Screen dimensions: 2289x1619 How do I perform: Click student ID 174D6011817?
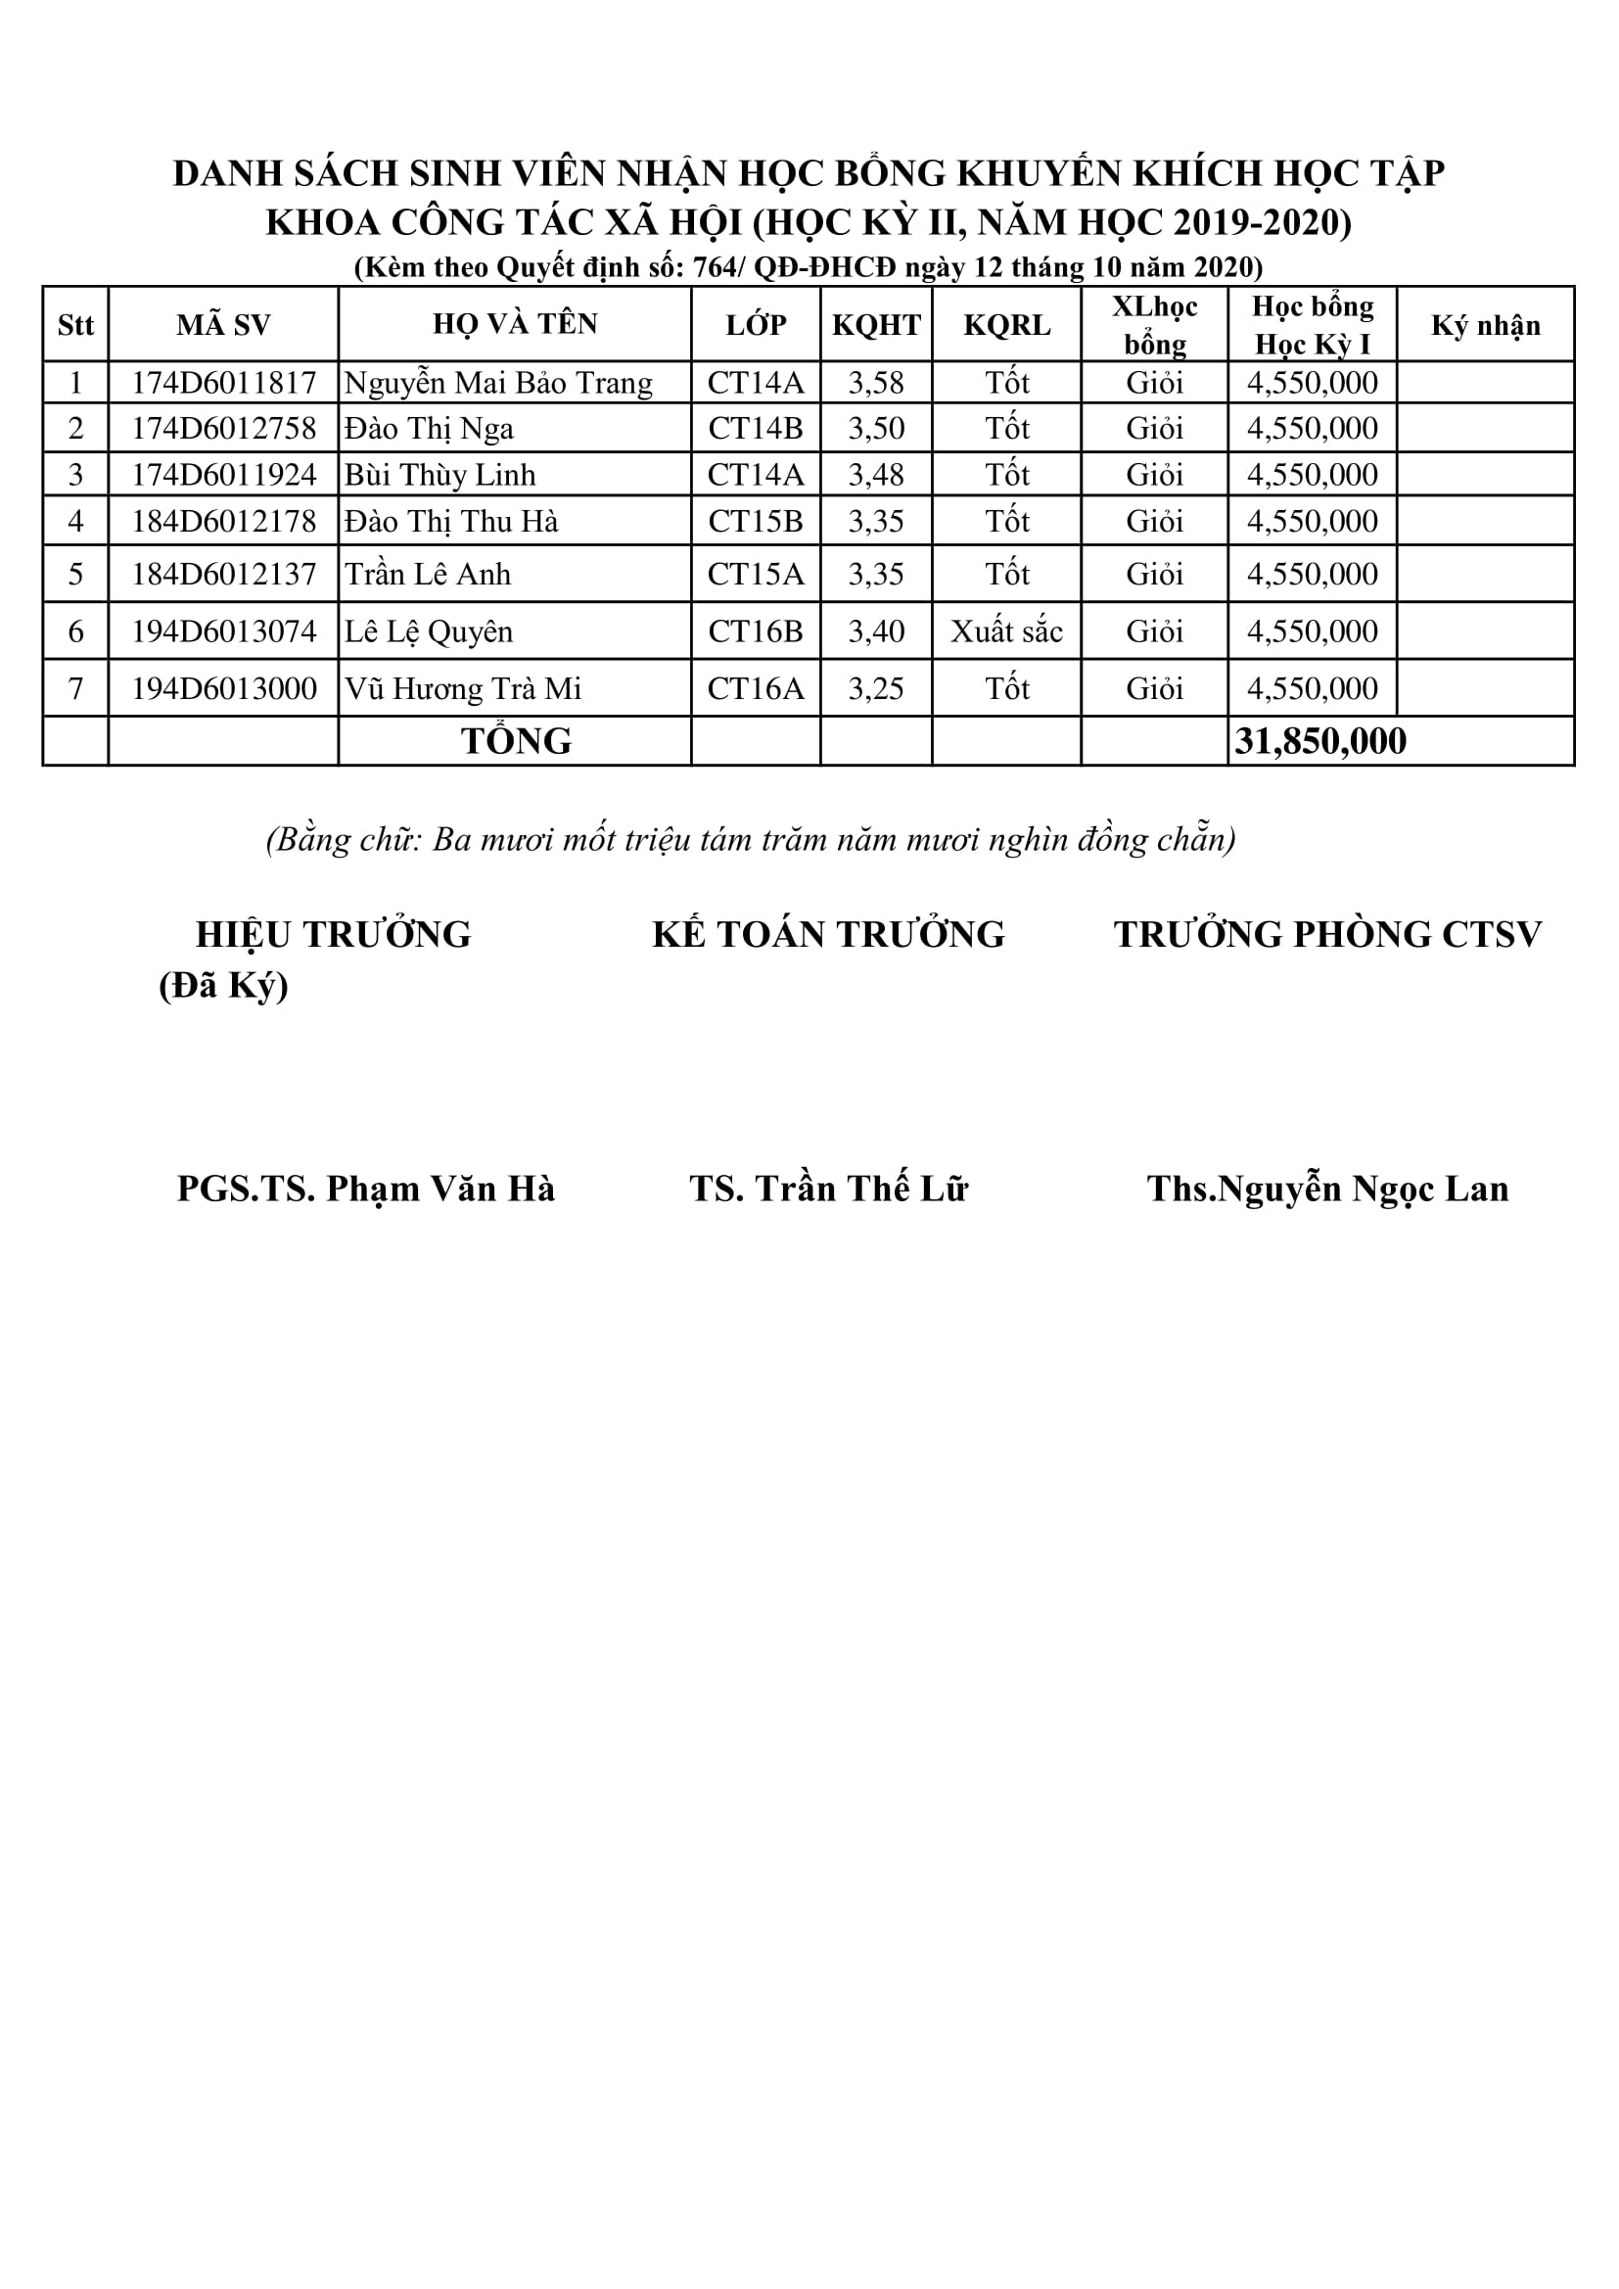[x=223, y=383]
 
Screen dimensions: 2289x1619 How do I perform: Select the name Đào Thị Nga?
[x=429, y=429]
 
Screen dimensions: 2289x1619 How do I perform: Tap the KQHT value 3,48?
[x=875, y=475]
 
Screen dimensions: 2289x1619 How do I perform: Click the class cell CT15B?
[x=755, y=522]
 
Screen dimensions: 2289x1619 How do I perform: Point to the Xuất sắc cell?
[x=1006, y=631]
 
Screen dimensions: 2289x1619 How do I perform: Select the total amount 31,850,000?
[x=1319, y=741]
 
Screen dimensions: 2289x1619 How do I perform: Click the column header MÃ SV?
[x=223, y=325]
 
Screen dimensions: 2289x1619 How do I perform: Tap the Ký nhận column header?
[x=1486, y=325]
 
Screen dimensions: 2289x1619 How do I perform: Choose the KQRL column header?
[x=1006, y=325]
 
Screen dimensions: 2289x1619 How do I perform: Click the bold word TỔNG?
[x=516, y=741]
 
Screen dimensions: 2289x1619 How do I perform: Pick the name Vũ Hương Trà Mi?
[x=463, y=689]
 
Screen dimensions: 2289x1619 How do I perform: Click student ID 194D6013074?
[x=223, y=631]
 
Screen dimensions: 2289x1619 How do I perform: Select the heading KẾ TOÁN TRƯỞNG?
[x=828, y=934]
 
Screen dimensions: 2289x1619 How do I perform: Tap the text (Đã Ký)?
[x=223, y=985]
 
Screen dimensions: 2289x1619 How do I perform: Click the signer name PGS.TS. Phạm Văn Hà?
[x=366, y=1189]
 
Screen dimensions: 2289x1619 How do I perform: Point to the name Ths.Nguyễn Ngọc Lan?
[x=1327, y=1189]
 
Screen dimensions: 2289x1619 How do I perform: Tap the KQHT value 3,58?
[x=875, y=383]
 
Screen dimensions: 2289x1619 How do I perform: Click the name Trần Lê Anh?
[x=428, y=575]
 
